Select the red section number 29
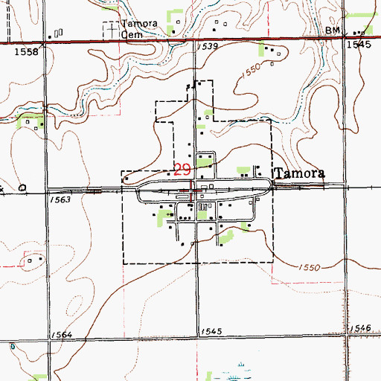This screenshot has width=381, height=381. (x=182, y=169)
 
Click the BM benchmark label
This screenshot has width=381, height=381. (x=333, y=31)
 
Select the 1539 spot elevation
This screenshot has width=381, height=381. (x=208, y=46)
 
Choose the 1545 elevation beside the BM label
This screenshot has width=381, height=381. (x=357, y=46)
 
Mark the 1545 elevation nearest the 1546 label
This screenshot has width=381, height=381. (x=211, y=331)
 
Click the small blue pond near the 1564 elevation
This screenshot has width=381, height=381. (x=13, y=347)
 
